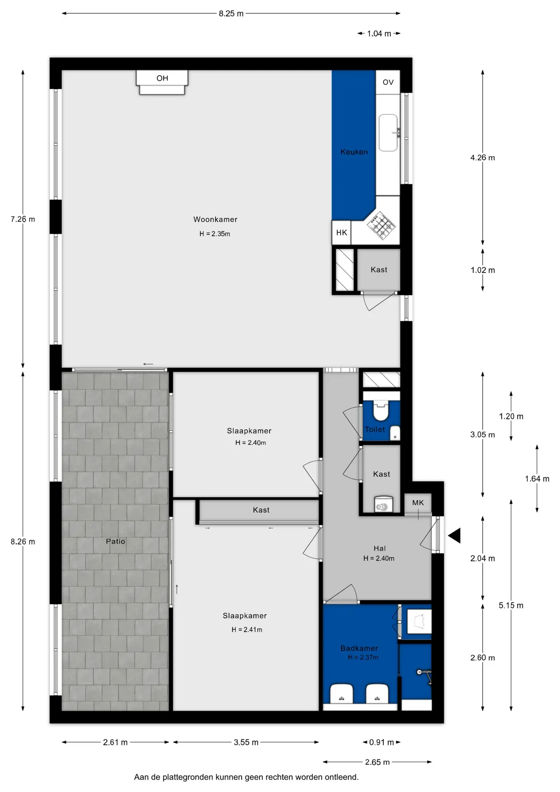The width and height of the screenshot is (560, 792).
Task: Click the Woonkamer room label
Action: (x=215, y=219)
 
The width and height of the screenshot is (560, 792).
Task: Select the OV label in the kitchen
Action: (x=388, y=82)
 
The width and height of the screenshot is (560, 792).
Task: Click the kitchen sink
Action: (x=388, y=133)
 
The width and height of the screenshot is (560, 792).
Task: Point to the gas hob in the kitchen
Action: (x=381, y=225)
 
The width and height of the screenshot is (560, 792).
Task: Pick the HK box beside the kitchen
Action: (x=341, y=233)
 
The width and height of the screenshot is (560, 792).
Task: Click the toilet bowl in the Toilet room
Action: (x=381, y=410)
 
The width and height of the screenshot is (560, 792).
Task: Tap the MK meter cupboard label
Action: (x=418, y=502)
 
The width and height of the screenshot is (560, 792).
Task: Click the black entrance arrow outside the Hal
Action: (x=454, y=535)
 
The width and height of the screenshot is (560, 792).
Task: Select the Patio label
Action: (x=115, y=541)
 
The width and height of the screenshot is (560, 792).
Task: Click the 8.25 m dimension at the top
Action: (x=231, y=14)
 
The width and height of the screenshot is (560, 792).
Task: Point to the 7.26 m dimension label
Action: (x=23, y=219)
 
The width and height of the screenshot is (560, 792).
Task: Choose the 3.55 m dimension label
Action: (x=246, y=742)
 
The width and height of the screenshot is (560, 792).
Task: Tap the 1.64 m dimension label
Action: (x=537, y=478)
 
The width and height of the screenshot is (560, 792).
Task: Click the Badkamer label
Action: (x=359, y=648)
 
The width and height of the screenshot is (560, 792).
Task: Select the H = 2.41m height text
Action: (x=247, y=629)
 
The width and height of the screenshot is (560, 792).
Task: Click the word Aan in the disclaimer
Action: (x=141, y=777)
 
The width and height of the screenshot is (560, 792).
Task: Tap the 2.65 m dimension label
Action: (x=377, y=762)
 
